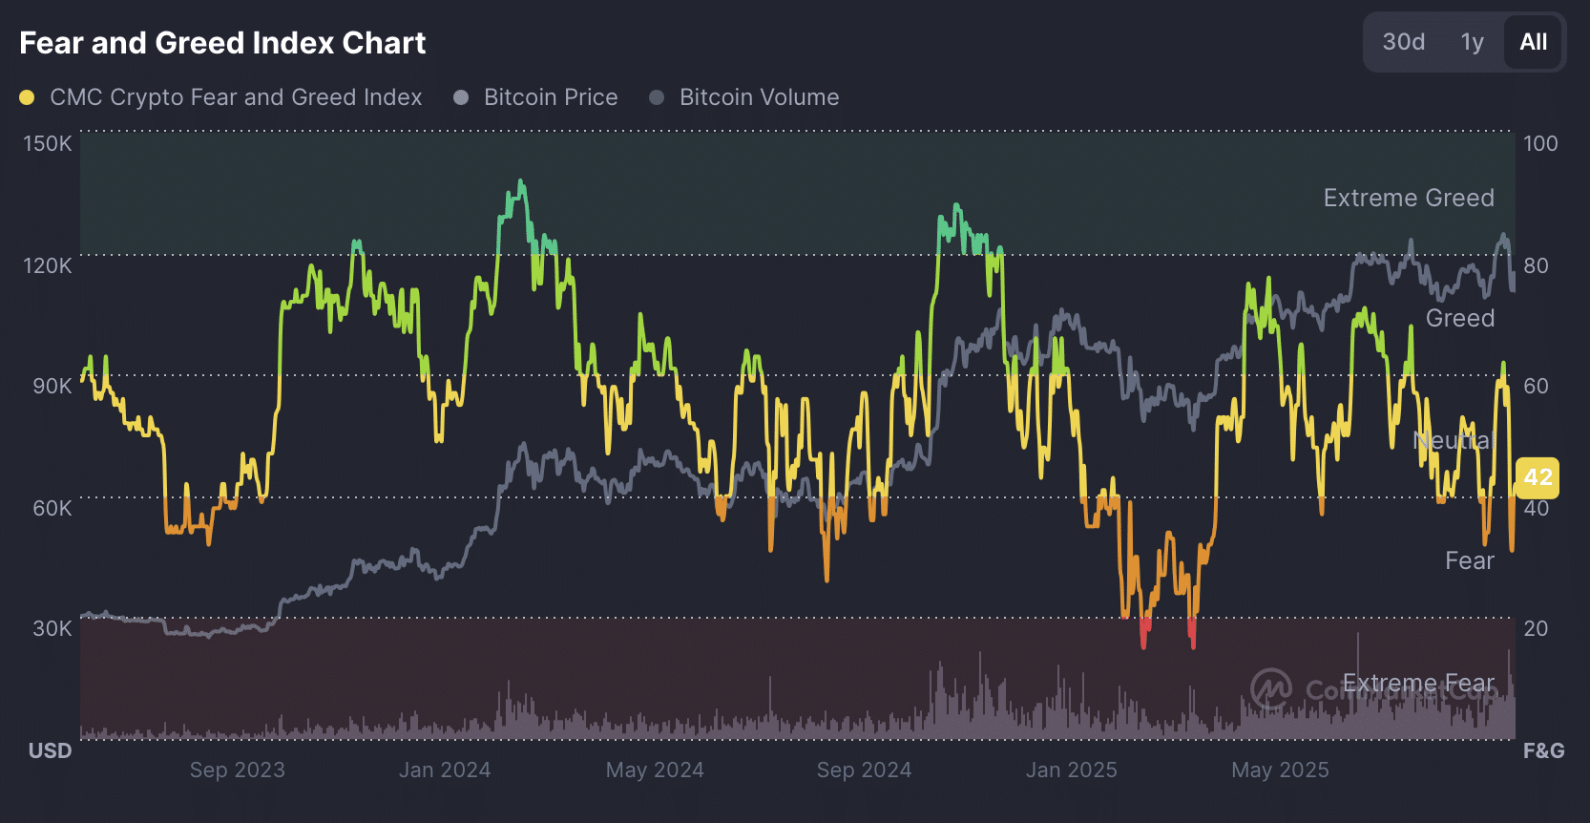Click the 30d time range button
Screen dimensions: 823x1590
click(x=1403, y=42)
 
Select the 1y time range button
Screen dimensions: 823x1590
click(x=1472, y=42)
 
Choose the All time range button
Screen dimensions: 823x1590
click(x=1533, y=42)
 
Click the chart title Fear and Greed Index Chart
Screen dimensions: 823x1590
click(x=222, y=43)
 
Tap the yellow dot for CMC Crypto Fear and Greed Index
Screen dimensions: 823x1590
click(x=27, y=97)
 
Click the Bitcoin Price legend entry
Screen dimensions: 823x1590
click(x=550, y=97)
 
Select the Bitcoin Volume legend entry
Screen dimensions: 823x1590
click(x=759, y=97)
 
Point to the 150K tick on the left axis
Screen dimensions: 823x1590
click(x=48, y=143)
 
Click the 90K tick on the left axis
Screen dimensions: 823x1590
click(x=52, y=386)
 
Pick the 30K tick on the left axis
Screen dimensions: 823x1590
click(x=52, y=628)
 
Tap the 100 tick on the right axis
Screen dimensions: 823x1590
click(x=1540, y=143)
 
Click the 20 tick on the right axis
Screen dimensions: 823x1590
click(x=1536, y=628)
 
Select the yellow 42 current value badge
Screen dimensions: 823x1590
click(x=1538, y=477)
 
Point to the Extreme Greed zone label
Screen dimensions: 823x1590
click(x=1409, y=198)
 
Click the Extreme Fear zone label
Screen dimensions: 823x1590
click(x=1418, y=684)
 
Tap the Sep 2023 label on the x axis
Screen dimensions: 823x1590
click(x=238, y=770)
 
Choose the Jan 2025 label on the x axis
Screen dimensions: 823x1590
click(x=1071, y=770)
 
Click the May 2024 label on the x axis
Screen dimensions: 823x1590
click(x=655, y=770)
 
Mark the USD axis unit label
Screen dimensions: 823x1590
click(x=50, y=750)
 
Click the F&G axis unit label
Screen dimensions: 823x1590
click(x=1543, y=750)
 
